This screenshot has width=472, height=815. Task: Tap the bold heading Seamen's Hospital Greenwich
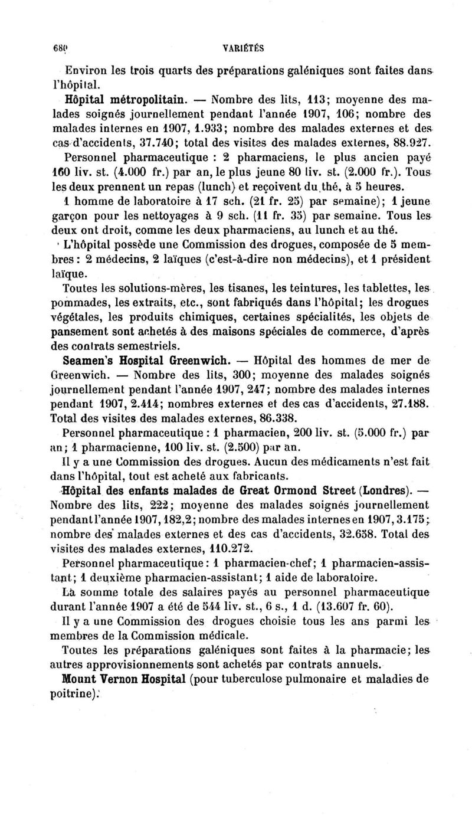tap(145, 359)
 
